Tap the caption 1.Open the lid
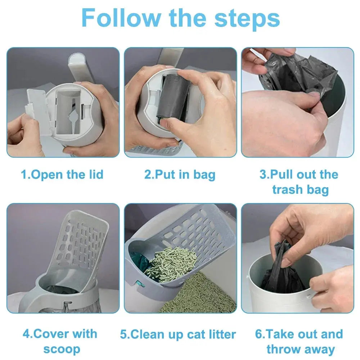pos(62,175)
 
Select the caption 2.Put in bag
pos(180,175)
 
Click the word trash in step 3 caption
pos(288,190)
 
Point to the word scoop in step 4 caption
pos(62,349)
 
